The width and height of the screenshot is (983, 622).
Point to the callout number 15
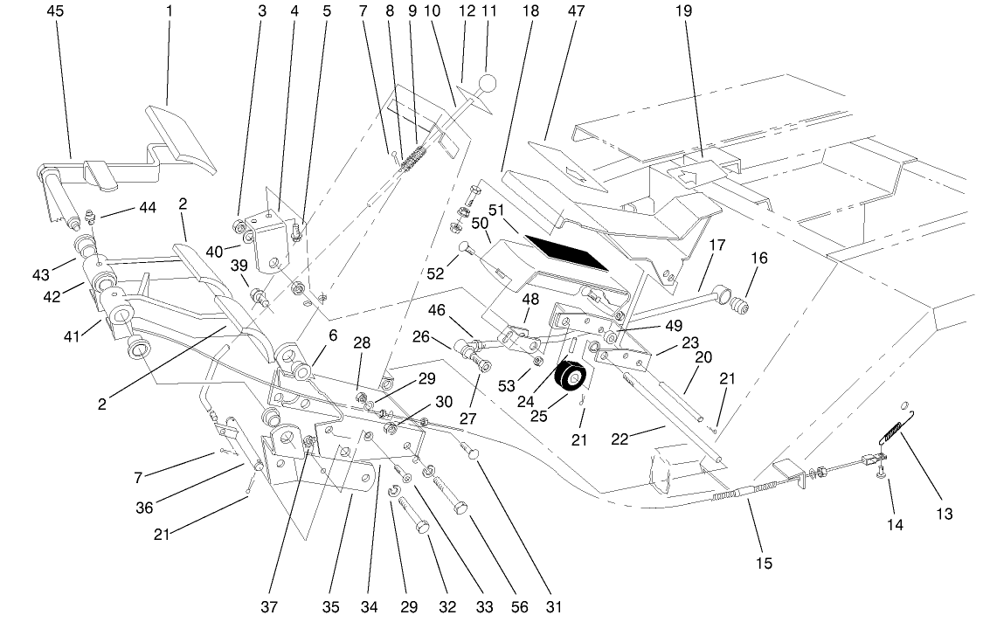(764, 563)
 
